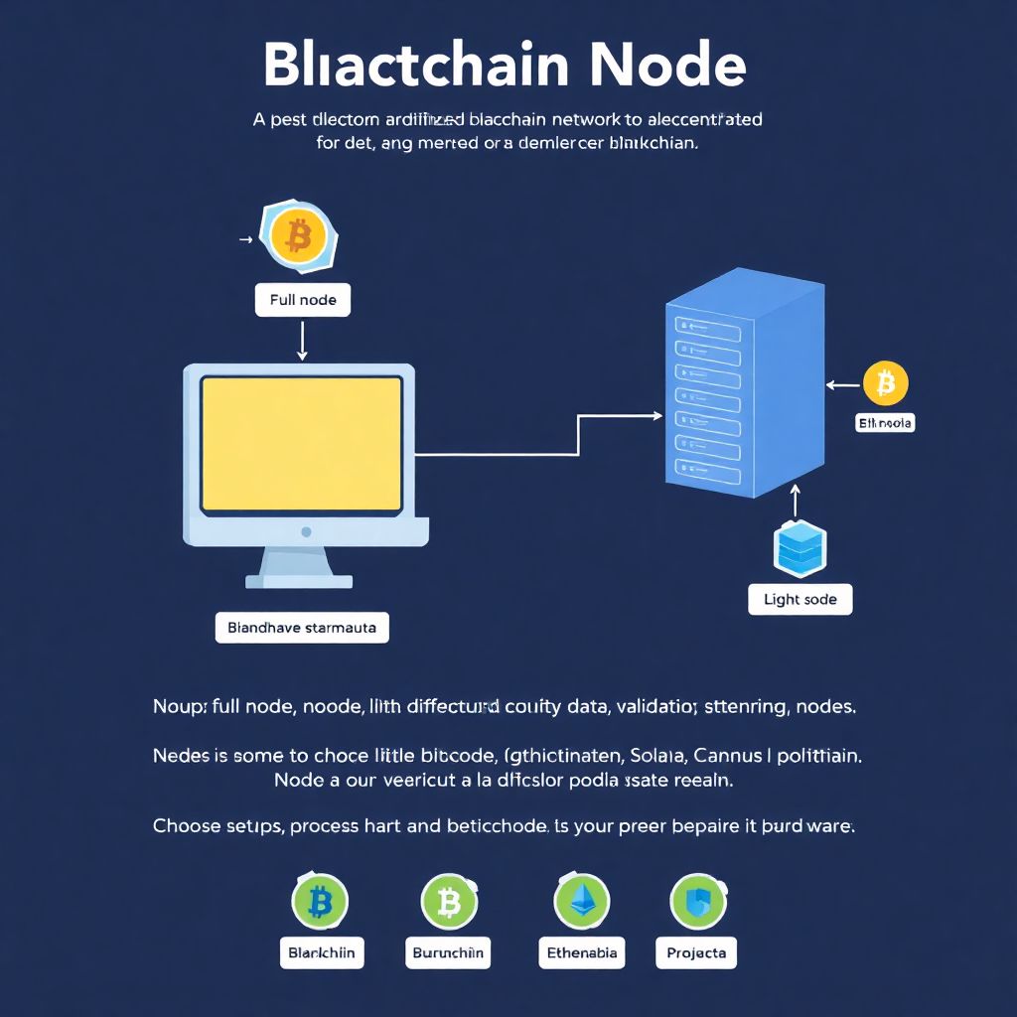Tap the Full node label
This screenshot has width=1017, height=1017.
pyautogui.click(x=303, y=299)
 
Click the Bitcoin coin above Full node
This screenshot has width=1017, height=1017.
pyautogui.click(x=298, y=236)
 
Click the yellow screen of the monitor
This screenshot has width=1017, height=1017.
pyautogui.click(x=302, y=444)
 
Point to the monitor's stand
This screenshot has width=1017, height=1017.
pyautogui.click(x=299, y=568)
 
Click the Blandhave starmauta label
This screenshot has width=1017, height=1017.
pyautogui.click(x=302, y=628)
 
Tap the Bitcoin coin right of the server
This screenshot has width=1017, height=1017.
pyautogui.click(x=885, y=383)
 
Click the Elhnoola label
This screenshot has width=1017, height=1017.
pyautogui.click(x=884, y=423)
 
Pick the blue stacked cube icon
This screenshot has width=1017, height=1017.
pyautogui.click(x=799, y=548)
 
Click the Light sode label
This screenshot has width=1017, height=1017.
pyautogui.click(x=799, y=600)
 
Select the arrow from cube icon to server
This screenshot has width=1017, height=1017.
pyautogui.click(x=795, y=502)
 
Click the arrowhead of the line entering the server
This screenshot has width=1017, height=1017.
pyautogui.click(x=656, y=416)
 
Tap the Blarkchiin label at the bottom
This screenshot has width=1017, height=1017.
pyautogui.click(x=321, y=952)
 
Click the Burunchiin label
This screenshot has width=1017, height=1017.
pyautogui.click(x=448, y=952)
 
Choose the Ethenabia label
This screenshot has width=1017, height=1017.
pyautogui.click(x=582, y=952)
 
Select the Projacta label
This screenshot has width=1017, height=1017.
pyautogui.click(x=696, y=952)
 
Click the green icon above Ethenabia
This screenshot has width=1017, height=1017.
pyautogui.click(x=581, y=902)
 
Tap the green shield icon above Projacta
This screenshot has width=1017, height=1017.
pyautogui.click(x=698, y=902)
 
